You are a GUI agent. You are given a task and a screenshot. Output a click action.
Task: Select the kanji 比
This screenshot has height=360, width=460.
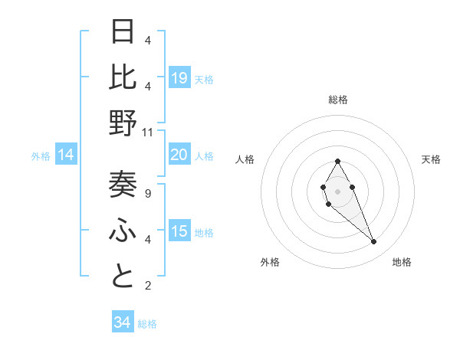pos(123,77)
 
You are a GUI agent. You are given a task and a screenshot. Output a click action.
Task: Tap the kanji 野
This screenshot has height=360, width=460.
pos(123,123)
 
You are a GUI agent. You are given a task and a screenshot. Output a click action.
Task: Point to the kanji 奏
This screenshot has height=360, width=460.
pos(123,184)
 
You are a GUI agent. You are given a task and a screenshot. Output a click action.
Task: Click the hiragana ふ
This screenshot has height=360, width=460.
pos(123,230)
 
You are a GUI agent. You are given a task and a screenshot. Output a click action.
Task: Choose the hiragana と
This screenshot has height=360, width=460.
pos(123,277)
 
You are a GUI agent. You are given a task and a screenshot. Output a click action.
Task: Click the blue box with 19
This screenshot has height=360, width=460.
pos(179,77)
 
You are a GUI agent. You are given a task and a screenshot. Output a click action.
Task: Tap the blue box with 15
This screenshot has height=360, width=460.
pos(179,231)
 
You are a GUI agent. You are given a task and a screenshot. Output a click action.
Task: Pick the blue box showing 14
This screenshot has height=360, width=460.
pos(66,155)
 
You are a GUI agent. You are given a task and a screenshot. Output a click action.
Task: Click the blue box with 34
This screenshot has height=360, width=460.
pos(123,322)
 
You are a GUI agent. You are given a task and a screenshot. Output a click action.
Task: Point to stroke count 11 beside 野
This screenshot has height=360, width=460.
pos(148,133)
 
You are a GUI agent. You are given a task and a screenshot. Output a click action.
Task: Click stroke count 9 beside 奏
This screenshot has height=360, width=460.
pos(148,194)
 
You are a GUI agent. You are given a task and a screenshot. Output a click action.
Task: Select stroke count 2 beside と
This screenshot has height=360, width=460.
pos(148,286)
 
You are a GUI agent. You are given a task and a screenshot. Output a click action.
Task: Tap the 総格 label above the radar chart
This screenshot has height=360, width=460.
pos(338,100)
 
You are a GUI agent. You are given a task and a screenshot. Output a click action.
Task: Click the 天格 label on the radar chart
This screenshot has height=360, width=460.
pos(431,159)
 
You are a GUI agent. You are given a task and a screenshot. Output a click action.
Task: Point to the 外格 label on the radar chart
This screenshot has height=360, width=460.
pos(270,262)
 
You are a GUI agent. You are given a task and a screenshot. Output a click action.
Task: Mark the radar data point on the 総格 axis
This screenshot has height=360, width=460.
pos(338,161)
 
